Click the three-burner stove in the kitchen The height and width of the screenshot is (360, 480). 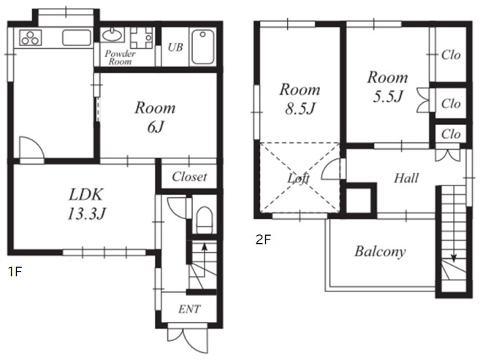click(x=30, y=38)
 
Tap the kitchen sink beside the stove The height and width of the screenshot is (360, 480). click(x=77, y=38)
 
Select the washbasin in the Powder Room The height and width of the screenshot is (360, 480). click(x=112, y=35)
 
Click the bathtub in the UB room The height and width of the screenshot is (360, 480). click(x=202, y=47)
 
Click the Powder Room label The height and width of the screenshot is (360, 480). click(x=120, y=58)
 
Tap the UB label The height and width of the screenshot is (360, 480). click(x=175, y=47)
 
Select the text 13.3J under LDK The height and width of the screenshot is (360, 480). click(x=86, y=213)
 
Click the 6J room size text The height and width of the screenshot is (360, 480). click(x=156, y=126)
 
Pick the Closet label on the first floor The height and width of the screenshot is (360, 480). click(x=189, y=177)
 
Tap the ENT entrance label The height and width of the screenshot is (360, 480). click(x=189, y=309)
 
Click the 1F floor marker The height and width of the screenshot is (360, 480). click(x=15, y=272)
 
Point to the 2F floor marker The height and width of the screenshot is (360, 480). click(x=263, y=240)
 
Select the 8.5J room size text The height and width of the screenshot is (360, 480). click(x=300, y=108)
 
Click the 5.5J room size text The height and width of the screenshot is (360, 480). click(x=387, y=96)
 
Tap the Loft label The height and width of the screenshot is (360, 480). click(x=299, y=177)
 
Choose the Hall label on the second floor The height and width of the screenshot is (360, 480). click(x=406, y=178)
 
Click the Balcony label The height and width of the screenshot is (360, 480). click(x=380, y=251)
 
